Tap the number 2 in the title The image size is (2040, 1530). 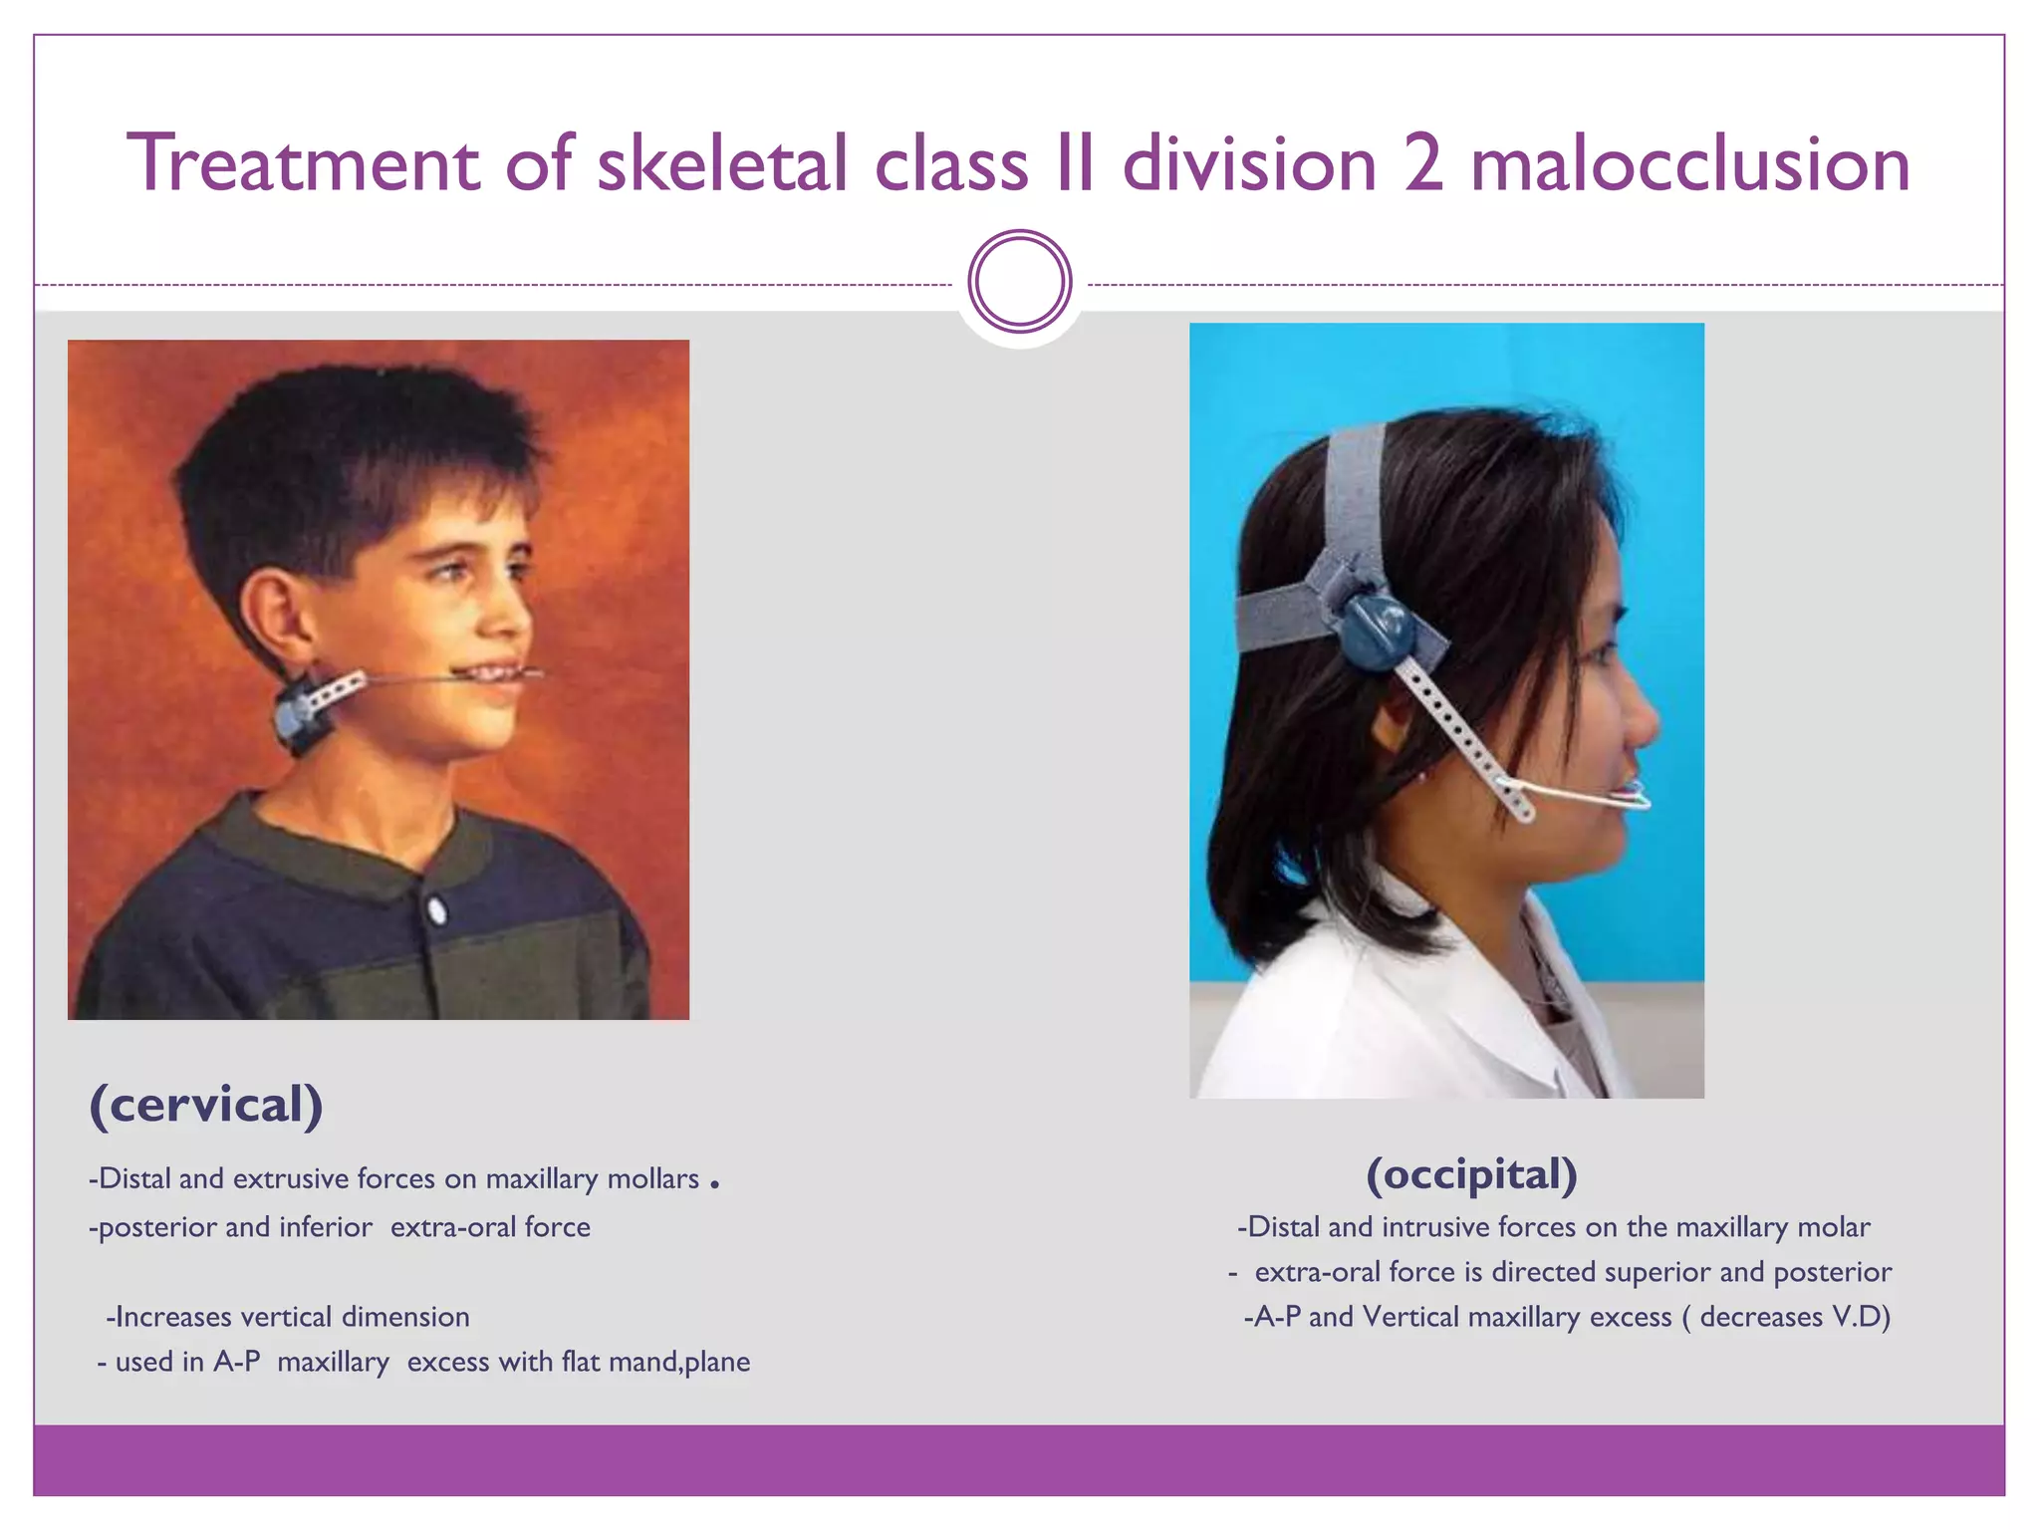coord(1423,163)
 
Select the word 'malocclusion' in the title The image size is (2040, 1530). coord(1690,163)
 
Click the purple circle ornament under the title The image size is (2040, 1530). coord(1019,282)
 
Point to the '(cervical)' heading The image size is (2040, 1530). coord(206,1105)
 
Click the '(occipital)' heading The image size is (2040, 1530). coord(1471,1174)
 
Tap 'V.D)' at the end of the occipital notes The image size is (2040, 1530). coord(1861,1317)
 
